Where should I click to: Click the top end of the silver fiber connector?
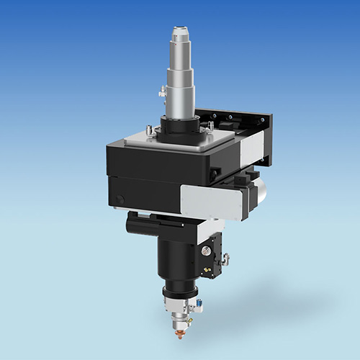point(178,30)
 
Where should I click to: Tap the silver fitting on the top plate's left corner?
point(149,131)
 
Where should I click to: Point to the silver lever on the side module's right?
point(227,258)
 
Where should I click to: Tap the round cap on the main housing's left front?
point(120,199)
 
